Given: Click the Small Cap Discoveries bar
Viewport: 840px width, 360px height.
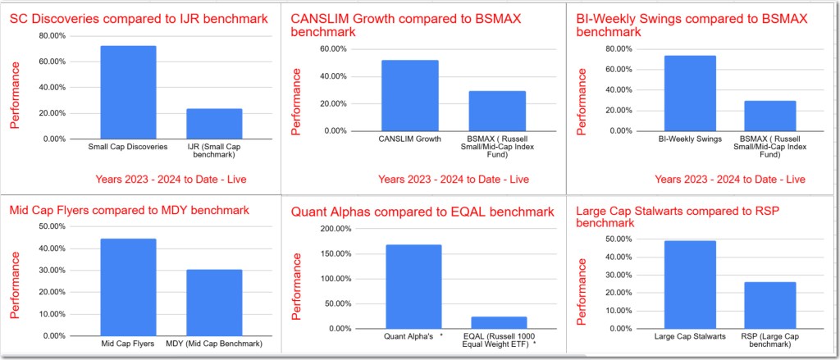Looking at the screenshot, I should pyautogui.click(x=128, y=93).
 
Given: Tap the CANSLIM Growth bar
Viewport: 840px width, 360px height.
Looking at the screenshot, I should pyautogui.click(x=409, y=95).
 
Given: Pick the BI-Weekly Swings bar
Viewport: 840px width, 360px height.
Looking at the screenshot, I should pyautogui.click(x=690, y=93).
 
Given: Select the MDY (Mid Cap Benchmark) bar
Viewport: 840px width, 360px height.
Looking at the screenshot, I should pyautogui.click(x=214, y=303).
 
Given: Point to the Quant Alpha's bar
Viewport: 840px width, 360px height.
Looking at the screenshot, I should pyautogui.click(x=413, y=286).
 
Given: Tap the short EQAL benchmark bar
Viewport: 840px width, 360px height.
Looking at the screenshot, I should pyautogui.click(x=500, y=322).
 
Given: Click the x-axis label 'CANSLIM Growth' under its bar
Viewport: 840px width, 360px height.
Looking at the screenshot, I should pyautogui.click(x=409, y=139).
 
